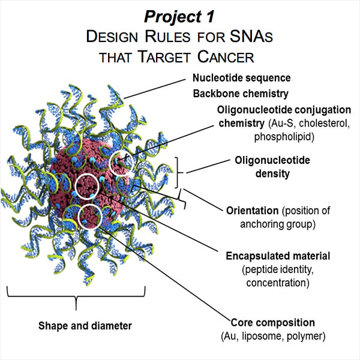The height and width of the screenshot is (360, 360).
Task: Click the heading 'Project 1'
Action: pyautogui.click(x=179, y=14)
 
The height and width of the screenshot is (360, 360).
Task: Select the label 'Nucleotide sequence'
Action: pyautogui.click(x=241, y=78)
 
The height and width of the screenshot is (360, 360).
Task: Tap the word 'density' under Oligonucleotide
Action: pyautogui.click(x=269, y=175)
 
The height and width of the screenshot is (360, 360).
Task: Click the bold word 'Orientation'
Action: pyautogui.click(x=253, y=211)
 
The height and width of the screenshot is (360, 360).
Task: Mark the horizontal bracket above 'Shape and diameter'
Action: pyautogui.click(x=76, y=296)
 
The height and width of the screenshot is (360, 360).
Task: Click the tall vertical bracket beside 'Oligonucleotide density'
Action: pyautogui.click(x=178, y=173)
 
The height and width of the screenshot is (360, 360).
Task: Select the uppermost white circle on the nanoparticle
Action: pyautogui.click(x=122, y=163)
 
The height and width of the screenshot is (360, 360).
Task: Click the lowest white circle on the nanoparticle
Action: pyautogui.click(x=89, y=215)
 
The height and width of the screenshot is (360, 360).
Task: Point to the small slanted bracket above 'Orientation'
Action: pyautogui.click(x=184, y=202)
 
